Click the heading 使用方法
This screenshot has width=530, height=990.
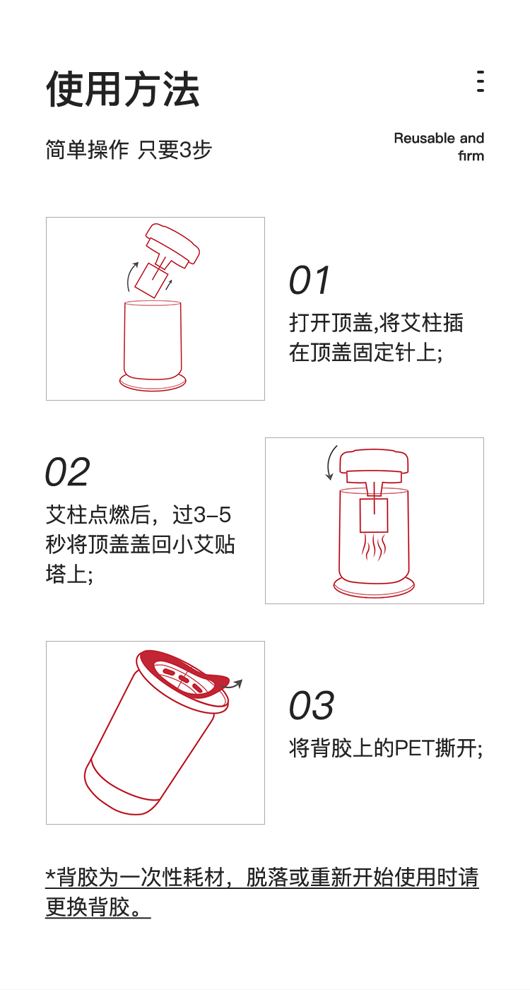coord(122,89)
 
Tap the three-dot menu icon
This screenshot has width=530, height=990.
coord(481,81)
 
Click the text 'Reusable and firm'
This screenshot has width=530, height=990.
coord(439,147)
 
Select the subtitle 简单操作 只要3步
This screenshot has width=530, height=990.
coord(129,149)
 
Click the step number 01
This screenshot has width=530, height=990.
coord(309,281)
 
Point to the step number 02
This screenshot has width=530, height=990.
coord(67,472)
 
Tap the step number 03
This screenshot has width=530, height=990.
coord(311,705)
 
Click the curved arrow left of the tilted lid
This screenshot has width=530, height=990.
coord(131,276)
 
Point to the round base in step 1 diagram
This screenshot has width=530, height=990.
coord(153,383)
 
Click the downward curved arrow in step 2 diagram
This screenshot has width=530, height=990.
coord(331,463)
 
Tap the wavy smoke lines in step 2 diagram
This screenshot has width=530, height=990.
coord(374,547)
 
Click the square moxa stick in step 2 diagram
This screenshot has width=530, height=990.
coord(374,515)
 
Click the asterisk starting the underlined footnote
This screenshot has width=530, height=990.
coord(51,875)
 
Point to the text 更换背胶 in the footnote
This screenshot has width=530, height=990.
coord(88,908)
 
